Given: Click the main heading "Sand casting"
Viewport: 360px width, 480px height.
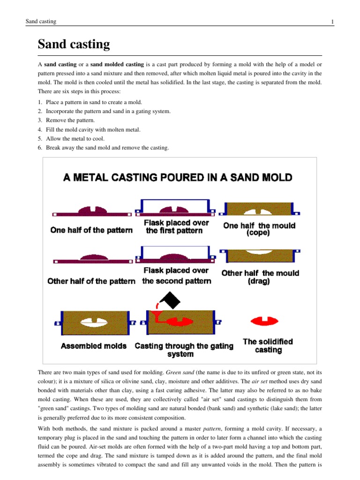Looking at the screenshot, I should [74, 45].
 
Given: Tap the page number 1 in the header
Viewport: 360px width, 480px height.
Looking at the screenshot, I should [332, 22].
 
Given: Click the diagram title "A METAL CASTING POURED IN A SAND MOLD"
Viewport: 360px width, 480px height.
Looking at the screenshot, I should [178, 178].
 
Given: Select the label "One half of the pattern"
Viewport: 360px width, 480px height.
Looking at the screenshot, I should [91, 230].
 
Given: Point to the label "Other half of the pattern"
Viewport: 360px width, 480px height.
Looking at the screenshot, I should [91, 281].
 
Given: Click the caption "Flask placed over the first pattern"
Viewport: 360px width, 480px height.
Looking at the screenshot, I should [176, 226].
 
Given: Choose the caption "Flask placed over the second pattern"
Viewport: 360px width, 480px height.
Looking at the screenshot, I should [176, 276].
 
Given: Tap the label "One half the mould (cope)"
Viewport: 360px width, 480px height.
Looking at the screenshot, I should [259, 229].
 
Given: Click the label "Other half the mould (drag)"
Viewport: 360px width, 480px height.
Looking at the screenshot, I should [260, 277].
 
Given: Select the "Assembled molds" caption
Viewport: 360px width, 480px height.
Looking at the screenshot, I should [94, 346].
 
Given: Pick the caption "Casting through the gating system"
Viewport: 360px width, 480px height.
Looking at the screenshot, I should [184, 350].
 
